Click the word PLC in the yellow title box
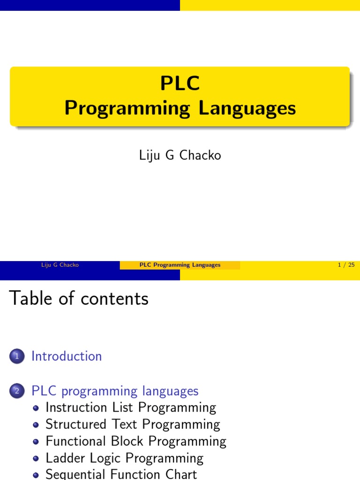tap(180, 84)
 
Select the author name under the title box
tap(180, 156)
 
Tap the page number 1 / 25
tap(346, 265)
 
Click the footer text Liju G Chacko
tap(60, 265)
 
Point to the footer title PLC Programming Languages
tap(180, 265)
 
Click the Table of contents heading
tap(79, 298)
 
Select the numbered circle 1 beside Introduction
tap(15, 357)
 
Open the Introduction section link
tap(67, 356)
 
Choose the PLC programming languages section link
tap(115, 391)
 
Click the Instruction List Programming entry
tap(131, 408)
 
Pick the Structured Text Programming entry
tap(133, 425)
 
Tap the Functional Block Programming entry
tap(136, 442)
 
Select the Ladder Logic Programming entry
tap(125, 458)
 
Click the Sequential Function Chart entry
tap(121, 474)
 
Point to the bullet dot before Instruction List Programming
tap(37, 408)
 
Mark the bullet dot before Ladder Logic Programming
tap(37, 459)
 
